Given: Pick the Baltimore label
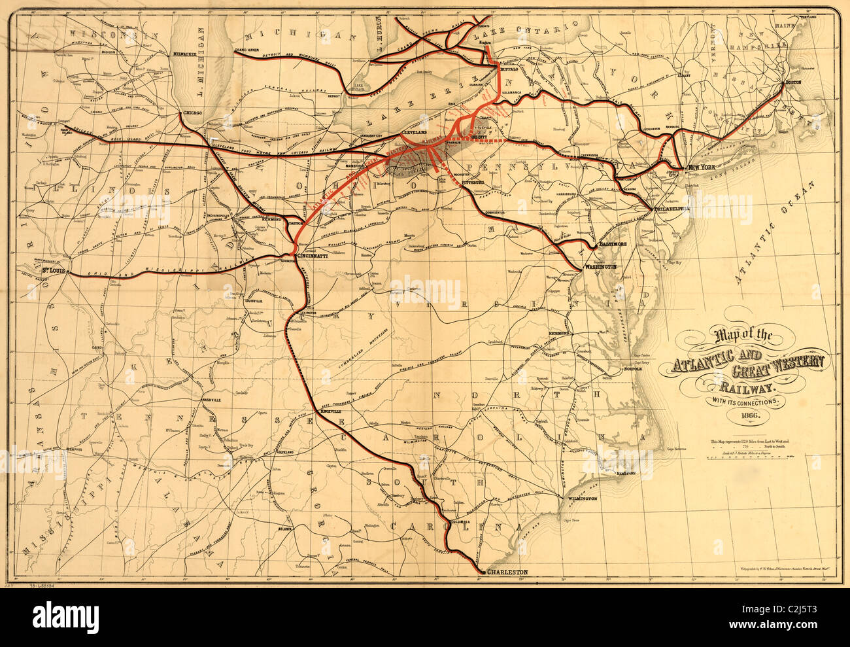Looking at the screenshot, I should point(613,243).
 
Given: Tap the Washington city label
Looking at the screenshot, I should point(600,267).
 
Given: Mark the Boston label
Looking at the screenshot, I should point(792,82).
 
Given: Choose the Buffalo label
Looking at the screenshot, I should point(509,68).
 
